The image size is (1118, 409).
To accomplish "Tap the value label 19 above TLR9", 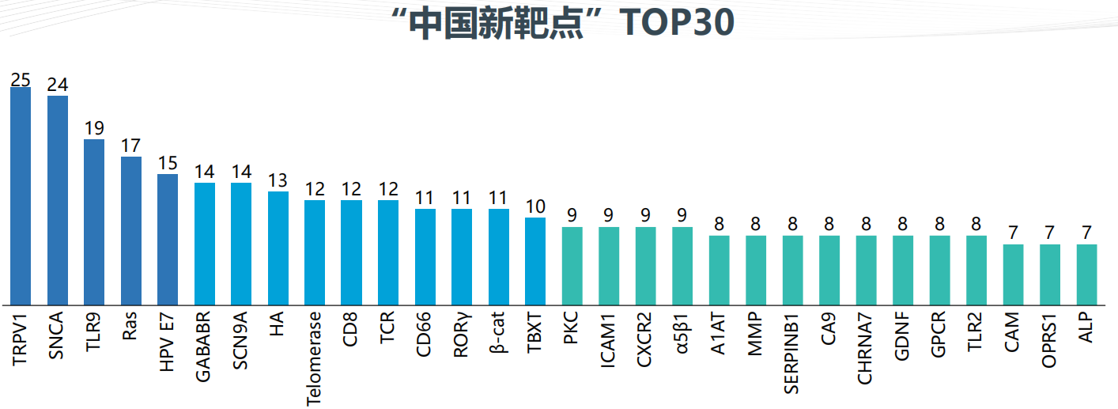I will click(94, 128).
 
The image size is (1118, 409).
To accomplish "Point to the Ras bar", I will click(131, 230).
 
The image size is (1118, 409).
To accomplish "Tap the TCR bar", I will click(388, 252).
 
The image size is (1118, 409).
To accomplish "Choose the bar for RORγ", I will click(462, 257).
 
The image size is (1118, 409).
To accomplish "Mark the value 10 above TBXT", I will click(535, 207).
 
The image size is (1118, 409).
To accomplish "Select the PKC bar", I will click(572, 266).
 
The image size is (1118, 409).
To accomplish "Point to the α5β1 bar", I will click(682, 266).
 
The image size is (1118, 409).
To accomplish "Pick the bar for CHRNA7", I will click(866, 270).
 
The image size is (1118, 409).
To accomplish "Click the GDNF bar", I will click(903, 270).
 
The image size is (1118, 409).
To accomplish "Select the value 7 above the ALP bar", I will click(1086, 234).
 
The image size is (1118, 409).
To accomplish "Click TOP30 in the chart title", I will click(677, 24).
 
